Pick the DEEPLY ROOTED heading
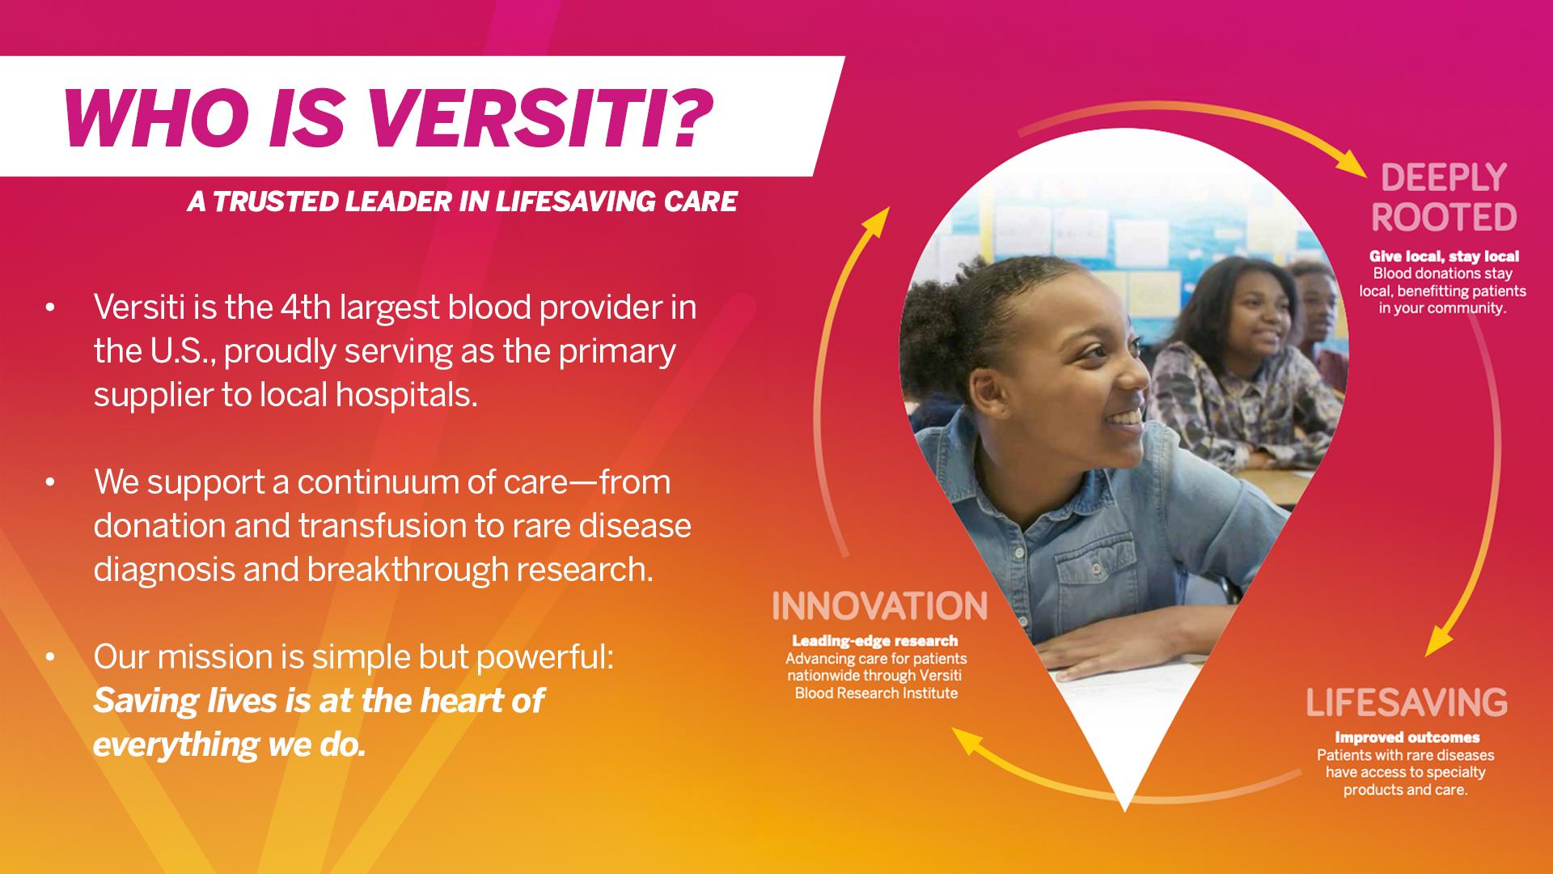[1444, 197]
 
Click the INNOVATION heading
[880, 606]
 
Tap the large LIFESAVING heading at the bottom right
[1407, 702]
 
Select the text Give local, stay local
[1444, 257]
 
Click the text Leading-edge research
[875, 641]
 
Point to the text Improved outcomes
[1407, 737]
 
